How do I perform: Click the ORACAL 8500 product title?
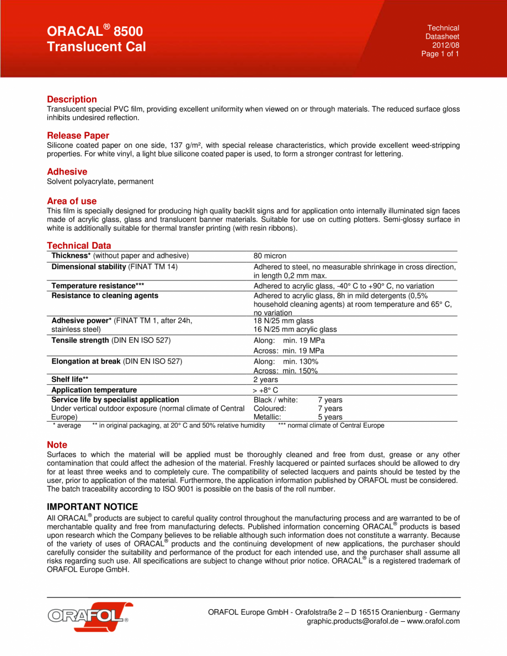(x=94, y=31)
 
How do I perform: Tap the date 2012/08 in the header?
(x=446, y=45)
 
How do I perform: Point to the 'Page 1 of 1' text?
(x=440, y=54)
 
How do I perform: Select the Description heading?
(x=72, y=100)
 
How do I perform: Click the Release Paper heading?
(x=78, y=136)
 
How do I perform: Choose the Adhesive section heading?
(x=67, y=172)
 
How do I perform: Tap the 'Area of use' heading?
(x=72, y=201)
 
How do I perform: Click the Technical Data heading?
(x=79, y=246)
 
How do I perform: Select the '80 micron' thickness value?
(x=270, y=256)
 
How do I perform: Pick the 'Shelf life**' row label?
(x=70, y=380)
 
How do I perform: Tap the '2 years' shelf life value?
(x=265, y=380)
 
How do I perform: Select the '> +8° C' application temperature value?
(x=265, y=390)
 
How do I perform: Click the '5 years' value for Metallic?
(x=330, y=417)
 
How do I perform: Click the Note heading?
(x=57, y=445)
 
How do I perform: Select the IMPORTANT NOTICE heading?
(x=92, y=507)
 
